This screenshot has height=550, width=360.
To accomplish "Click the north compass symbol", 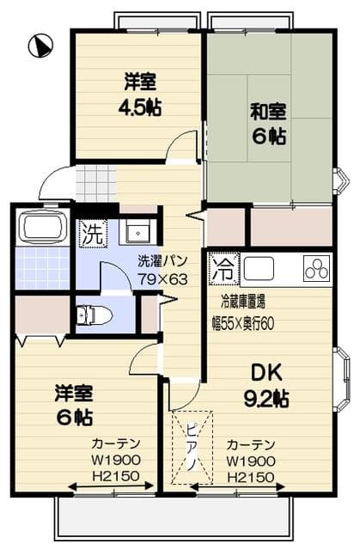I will (x=39, y=44).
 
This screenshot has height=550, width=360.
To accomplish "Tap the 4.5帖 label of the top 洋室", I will (x=140, y=107).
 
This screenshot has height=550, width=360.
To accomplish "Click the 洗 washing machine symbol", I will (x=90, y=232).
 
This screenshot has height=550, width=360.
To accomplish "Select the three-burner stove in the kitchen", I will (x=316, y=269).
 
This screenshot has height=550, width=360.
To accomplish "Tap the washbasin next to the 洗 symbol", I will (x=134, y=232).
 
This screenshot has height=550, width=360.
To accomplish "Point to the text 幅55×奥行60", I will (x=254, y=324).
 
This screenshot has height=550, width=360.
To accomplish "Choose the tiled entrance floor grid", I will (x=95, y=181).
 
